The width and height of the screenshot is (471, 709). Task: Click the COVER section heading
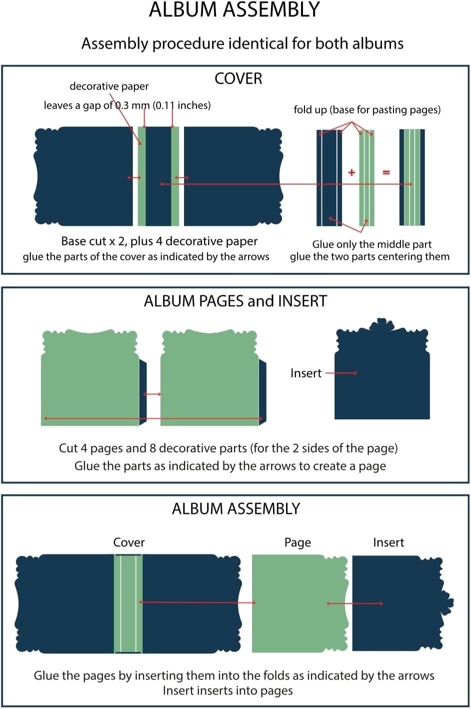238,79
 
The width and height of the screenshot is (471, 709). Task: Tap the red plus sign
351,172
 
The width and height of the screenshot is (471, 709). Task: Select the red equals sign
386,172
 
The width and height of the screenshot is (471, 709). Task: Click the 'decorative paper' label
109,86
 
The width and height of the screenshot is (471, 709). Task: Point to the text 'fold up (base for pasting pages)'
367,110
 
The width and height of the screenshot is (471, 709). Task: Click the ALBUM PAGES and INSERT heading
235,301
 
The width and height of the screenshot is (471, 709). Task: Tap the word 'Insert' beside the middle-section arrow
305,373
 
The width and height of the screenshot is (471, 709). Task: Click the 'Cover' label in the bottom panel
129,542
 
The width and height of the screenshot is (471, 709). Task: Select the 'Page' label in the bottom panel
297,542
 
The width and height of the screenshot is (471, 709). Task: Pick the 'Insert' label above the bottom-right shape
388,542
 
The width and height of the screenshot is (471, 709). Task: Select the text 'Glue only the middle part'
371,244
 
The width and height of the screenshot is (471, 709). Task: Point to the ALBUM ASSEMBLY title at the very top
234,10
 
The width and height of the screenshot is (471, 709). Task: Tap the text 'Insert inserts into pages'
227,691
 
